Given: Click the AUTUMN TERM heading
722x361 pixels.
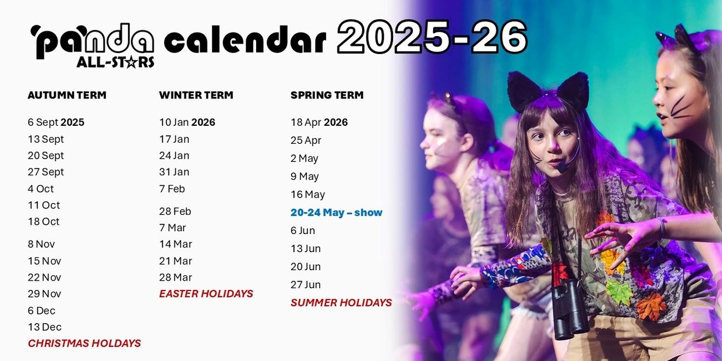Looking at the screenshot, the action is [67, 95].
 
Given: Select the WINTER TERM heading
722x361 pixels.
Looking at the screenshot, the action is [196, 95].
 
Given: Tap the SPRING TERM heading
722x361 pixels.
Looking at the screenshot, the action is [327, 95].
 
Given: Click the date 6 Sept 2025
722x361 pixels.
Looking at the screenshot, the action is [56, 122].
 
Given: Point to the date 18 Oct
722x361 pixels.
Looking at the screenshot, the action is [44, 222].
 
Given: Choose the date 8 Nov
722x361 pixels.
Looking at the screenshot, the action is [41, 245].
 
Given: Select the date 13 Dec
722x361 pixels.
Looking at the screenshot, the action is [44, 327].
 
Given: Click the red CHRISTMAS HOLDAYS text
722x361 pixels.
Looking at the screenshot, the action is [84, 344].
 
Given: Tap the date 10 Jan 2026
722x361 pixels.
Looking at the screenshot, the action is [187, 122].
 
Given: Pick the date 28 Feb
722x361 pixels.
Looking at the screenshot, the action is [175, 211].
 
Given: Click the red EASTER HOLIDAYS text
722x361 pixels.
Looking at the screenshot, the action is [206, 293].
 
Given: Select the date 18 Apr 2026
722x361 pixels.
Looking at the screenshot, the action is [319, 122].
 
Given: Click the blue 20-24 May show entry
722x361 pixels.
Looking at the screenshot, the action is [337, 213].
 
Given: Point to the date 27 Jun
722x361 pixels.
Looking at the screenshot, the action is [306, 285].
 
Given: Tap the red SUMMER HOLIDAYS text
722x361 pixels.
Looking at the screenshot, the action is [341, 303].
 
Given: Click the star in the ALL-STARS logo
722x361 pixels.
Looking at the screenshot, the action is [131, 62].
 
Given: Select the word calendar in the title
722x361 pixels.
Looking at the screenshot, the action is [245, 40].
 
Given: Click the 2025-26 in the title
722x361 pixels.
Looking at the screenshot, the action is [432, 37].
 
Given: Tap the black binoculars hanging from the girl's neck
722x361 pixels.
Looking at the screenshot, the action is [570, 309].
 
